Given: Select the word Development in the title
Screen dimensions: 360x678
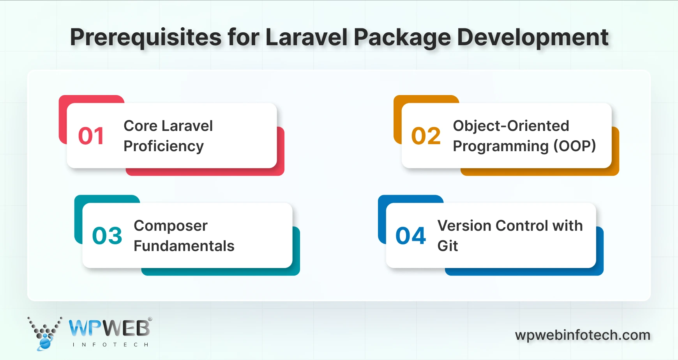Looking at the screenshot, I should pyautogui.click(x=532, y=38).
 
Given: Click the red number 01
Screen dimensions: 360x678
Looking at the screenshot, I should pyautogui.click(x=91, y=136).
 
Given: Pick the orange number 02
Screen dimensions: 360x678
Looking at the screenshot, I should pyautogui.click(x=426, y=136).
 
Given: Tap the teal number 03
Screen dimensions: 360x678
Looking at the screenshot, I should pyautogui.click(x=107, y=236).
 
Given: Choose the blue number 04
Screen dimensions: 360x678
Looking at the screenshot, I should pyautogui.click(x=411, y=236).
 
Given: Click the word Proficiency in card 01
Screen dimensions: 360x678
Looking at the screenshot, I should pyautogui.click(x=164, y=146).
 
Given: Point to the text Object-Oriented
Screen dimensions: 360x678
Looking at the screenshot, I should pyautogui.click(x=511, y=126).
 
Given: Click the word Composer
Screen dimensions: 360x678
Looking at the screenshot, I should pyautogui.click(x=171, y=226).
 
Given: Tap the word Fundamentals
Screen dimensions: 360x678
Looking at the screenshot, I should pyautogui.click(x=184, y=246).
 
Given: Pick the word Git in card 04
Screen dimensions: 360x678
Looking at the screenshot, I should pyautogui.click(x=447, y=246).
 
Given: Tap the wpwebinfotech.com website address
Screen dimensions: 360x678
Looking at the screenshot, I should pyautogui.click(x=583, y=335).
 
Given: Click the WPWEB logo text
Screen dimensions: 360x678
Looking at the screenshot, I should pyautogui.click(x=109, y=328).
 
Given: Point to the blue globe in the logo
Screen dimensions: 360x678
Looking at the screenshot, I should pyautogui.click(x=45, y=343).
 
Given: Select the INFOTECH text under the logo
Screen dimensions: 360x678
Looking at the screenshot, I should pyautogui.click(x=110, y=345).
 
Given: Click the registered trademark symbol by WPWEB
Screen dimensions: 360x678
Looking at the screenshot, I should pyautogui.click(x=150, y=319).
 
